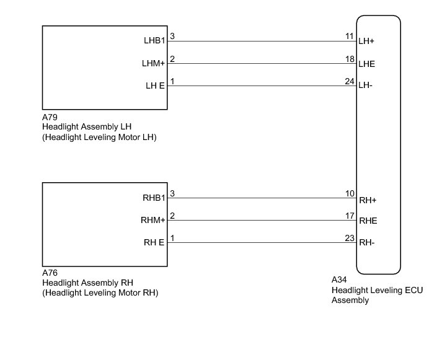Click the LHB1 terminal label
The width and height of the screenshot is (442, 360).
coord(153,42)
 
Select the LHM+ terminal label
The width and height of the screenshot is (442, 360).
coord(153,63)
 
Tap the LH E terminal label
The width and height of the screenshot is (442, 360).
coord(154,86)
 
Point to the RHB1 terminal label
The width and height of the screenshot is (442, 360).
coord(153,199)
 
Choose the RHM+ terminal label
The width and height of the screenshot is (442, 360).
coord(153,220)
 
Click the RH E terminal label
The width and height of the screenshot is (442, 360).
coord(154,242)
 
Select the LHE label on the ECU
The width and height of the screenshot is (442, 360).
coord(367,64)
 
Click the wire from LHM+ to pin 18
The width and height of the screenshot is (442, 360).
coord(260,64)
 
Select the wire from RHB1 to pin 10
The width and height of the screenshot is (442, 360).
coord(260,199)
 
